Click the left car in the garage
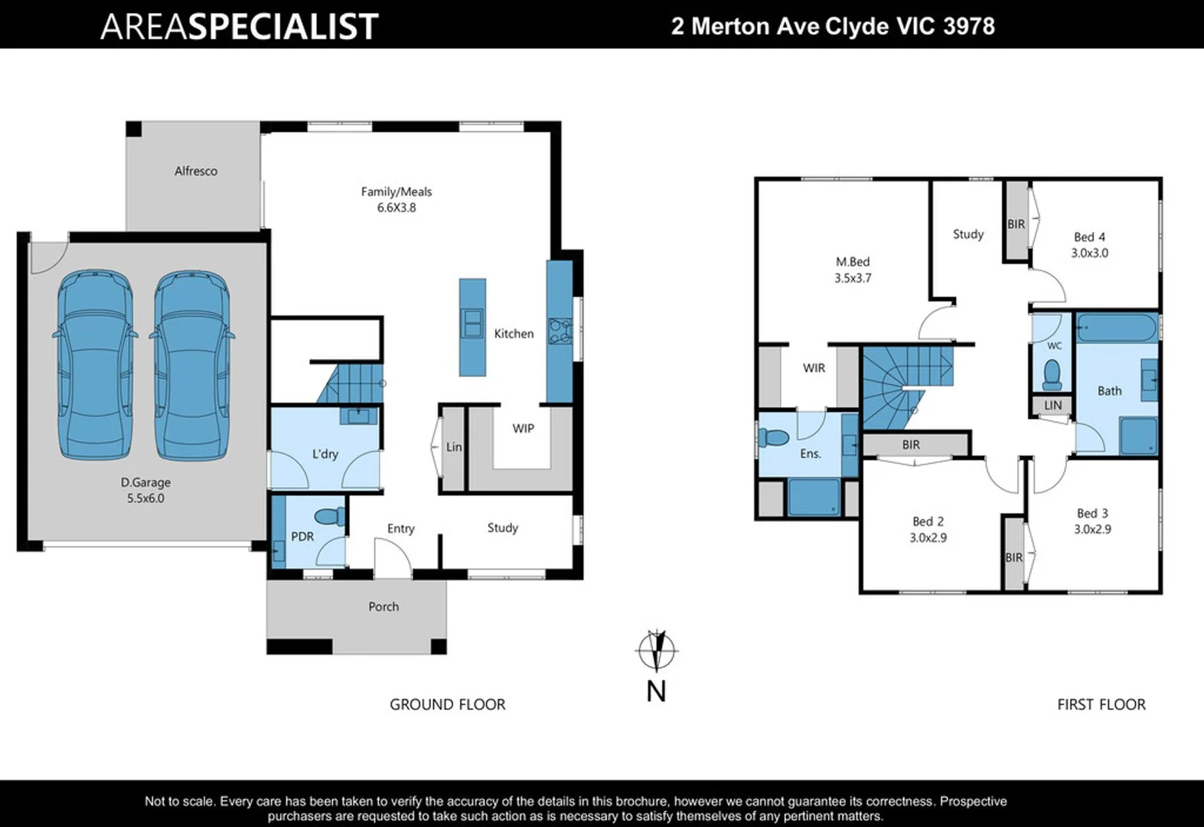click(x=96, y=365)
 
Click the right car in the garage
click(x=191, y=365)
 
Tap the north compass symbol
click(x=656, y=652)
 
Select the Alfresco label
click(x=196, y=172)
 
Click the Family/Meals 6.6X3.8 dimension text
click(x=396, y=208)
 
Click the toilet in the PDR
click(x=331, y=516)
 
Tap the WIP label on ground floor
click(x=524, y=429)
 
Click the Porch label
click(x=383, y=607)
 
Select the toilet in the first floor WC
click(x=1053, y=375)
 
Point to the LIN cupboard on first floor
click(x=1053, y=406)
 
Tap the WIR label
click(x=814, y=368)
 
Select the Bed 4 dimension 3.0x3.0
click(x=1089, y=253)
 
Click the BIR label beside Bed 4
click(x=1016, y=224)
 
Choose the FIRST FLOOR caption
click(x=1101, y=704)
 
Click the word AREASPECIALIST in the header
click(x=239, y=26)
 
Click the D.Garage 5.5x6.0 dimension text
click(x=145, y=498)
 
